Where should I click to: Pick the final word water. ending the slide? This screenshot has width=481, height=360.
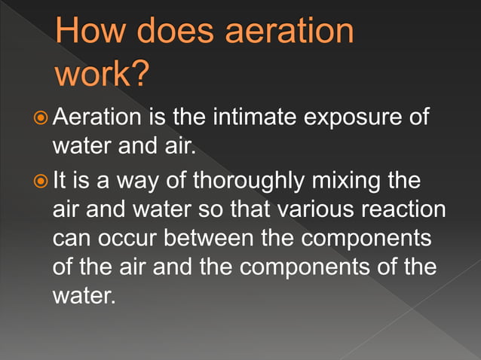click(x=84, y=294)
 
